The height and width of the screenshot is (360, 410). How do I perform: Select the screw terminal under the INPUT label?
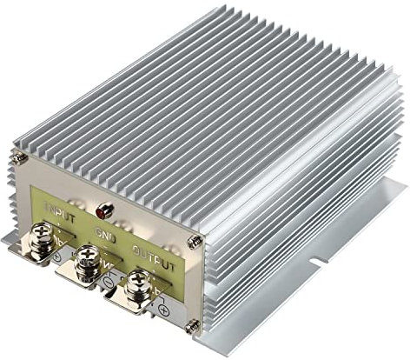click(43, 236)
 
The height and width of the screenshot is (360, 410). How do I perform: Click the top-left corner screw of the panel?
click(17, 157)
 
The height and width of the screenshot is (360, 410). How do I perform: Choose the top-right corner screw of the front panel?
click(195, 242)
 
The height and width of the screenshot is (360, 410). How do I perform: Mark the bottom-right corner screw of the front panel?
click(194, 326)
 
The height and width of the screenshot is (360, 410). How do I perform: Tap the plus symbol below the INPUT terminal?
click(56, 258)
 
